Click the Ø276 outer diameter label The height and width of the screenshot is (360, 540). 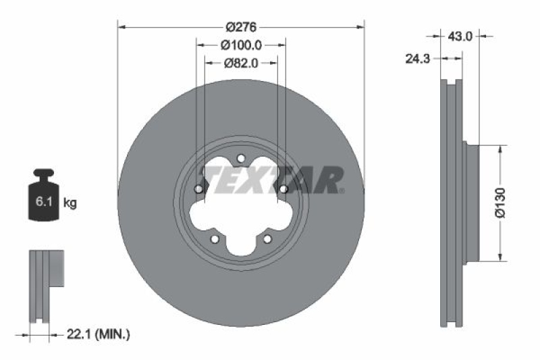point(240,28)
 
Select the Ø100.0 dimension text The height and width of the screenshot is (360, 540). point(241,45)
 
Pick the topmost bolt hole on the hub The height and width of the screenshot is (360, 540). point(241,159)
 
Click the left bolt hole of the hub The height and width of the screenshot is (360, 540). point(198,189)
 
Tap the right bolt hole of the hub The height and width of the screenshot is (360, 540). point(283,189)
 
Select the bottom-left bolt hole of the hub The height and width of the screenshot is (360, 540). point(215,239)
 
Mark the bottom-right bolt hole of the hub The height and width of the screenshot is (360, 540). point(267,239)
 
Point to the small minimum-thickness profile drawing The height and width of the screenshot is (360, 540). point(46,287)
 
